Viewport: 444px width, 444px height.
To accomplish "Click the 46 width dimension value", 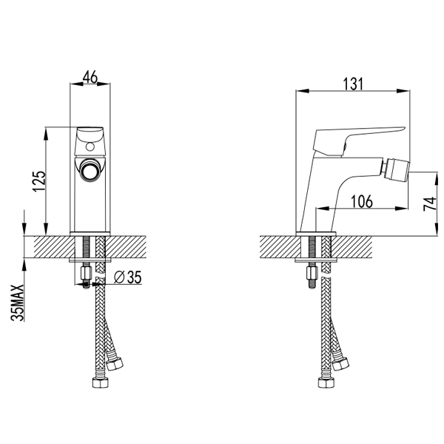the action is point(90,77).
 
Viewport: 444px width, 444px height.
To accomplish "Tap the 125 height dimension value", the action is point(39,181).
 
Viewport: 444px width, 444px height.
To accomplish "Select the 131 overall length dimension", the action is point(353,84).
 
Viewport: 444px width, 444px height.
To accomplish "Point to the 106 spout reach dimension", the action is point(362,201).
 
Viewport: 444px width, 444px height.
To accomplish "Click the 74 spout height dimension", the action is point(430,204).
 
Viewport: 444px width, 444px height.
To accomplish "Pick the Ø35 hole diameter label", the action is point(128,277).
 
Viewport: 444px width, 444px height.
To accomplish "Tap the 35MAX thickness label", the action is point(18,303).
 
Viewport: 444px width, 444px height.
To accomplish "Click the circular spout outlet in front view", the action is point(90,171).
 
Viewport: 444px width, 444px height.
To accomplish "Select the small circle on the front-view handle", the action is point(90,147).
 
